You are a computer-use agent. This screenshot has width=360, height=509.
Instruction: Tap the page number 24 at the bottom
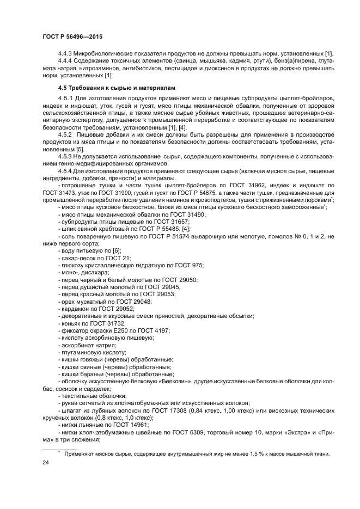[x=46, y=462]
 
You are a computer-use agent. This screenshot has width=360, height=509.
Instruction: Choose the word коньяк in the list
[x=72, y=323]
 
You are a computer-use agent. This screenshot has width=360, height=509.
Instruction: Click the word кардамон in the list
[x=76, y=309]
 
